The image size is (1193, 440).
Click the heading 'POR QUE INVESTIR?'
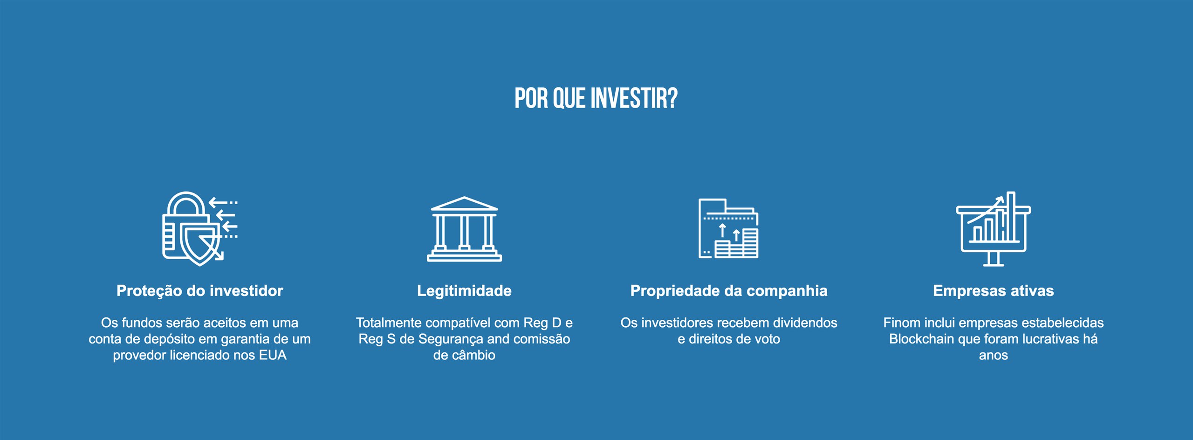[596, 98]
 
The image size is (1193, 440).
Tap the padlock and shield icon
[200, 228]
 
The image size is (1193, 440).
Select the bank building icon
[464, 229]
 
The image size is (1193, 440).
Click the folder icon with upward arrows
[728, 228]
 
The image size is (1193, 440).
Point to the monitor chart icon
[994, 228]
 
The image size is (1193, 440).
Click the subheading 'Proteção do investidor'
[200, 291]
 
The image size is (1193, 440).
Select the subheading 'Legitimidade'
[464, 291]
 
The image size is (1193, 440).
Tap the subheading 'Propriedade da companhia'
[729, 291]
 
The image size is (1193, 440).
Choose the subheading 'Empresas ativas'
[994, 291]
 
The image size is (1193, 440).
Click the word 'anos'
[994, 356]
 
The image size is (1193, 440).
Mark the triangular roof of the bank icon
[464, 204]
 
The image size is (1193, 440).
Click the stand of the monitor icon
[994, 259]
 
